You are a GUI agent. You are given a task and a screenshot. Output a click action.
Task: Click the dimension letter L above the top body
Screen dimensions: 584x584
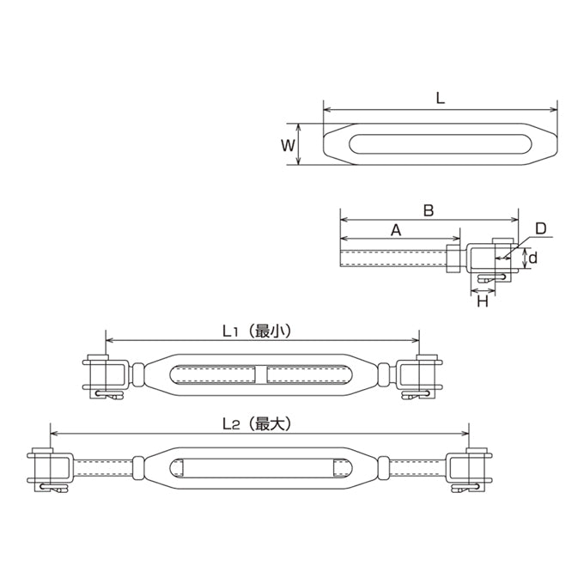pyautogui.click(x=441, y=98)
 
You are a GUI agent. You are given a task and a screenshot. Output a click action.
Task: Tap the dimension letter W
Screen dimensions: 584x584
pyautogui.click(x=288, y=145)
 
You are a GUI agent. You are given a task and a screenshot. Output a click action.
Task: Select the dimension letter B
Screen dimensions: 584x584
pyautogui.click(x=429, y=210)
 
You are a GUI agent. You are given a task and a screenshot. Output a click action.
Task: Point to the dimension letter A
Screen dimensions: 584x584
pyautogui.click(x=396, y=230)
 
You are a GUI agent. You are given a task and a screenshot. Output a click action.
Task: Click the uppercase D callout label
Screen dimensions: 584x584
pyautogui.click(x=540, y=228)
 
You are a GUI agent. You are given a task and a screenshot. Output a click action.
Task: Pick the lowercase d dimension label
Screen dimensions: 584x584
pyautogui.click(x=533, y=258)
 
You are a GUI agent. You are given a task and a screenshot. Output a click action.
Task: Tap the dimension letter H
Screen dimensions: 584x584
pyautogui.click(x=483, y=301)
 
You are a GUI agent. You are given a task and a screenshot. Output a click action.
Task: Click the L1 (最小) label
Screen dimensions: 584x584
pyautogui.click(x=257, y=331)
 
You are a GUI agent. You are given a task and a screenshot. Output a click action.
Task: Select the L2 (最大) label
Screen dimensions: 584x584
pyautogui.click(x=257, y=424)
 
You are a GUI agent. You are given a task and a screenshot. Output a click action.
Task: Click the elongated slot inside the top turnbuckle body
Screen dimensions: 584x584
pyautogui.click(x=441, y=143)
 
